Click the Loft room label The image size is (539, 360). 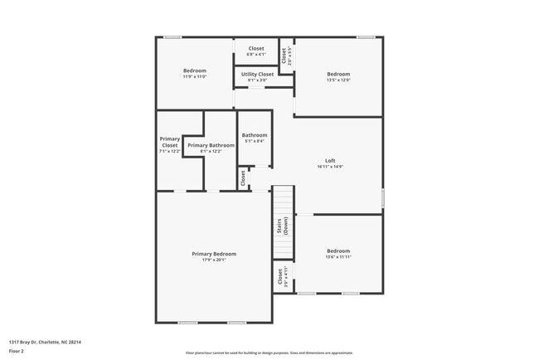coord(330,160)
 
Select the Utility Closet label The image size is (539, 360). coord(257,75)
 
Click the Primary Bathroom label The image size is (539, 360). coord(205,145)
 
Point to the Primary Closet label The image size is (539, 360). coord(170,142)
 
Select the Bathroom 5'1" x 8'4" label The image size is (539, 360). coord(255,135)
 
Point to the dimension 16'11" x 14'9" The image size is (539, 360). coord(330,167)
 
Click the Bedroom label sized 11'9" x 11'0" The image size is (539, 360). coord(195,71)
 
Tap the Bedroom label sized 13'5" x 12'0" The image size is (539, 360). coord(338,74)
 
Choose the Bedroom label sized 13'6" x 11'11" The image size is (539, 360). coord(338,251)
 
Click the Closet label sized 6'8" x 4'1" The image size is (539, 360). coord(256,48)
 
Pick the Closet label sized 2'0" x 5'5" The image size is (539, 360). coord(284,56)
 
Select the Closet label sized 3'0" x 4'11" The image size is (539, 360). coord(279,276)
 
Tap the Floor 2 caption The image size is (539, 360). coord(17,351)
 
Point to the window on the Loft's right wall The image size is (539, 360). coord(382,198)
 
